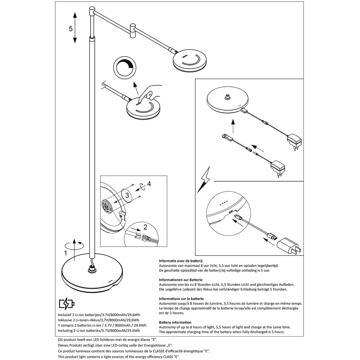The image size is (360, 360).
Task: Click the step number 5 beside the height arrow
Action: click(x=71, y=29)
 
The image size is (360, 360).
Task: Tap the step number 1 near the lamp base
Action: click(x=65, y=253)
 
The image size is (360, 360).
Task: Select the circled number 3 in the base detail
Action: click(x=127, y=196)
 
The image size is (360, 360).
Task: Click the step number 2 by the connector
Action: click(x=145, y=226)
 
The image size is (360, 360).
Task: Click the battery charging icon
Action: click(x=67, y=304)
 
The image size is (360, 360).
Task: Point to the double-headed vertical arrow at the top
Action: click(x=75, y=28)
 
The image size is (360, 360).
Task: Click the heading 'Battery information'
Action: click(x=175, y=322)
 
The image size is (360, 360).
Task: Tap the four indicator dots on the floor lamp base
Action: click(x=110, y=281)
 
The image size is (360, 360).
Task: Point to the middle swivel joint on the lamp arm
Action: click(x=133, y=31)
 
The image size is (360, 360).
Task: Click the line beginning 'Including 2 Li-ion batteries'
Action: click(x=99, y=330)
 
